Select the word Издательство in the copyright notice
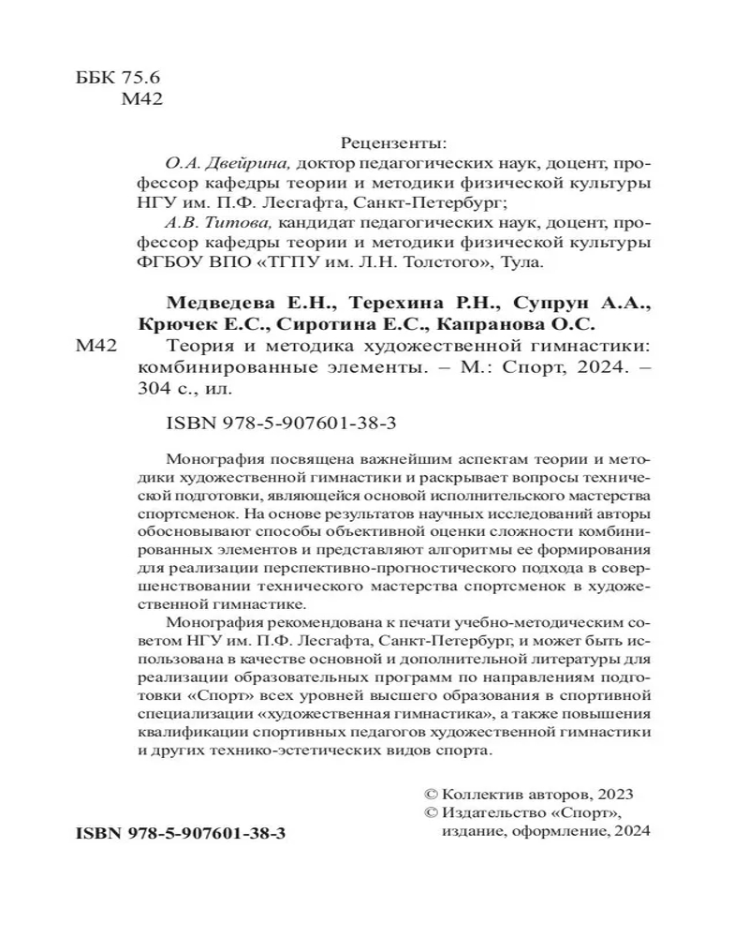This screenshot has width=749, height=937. click(x=492, y=812)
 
